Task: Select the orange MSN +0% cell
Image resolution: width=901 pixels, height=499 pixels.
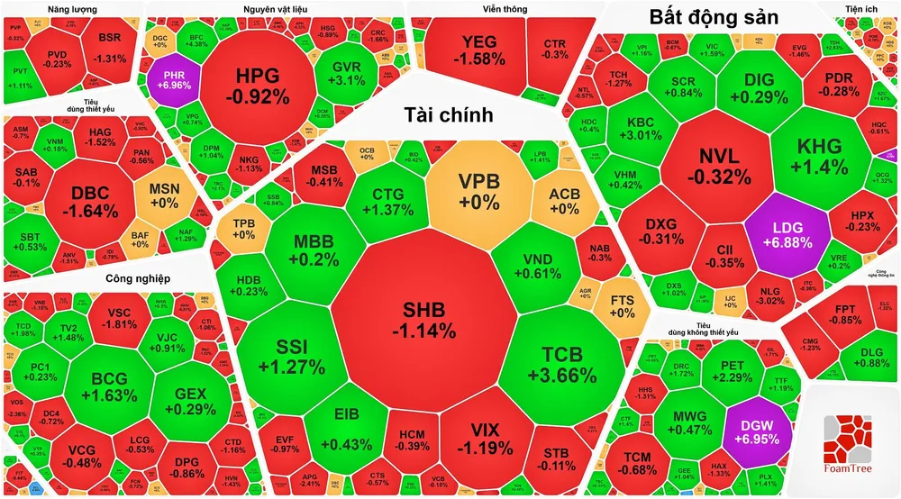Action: tap(163, 194)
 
